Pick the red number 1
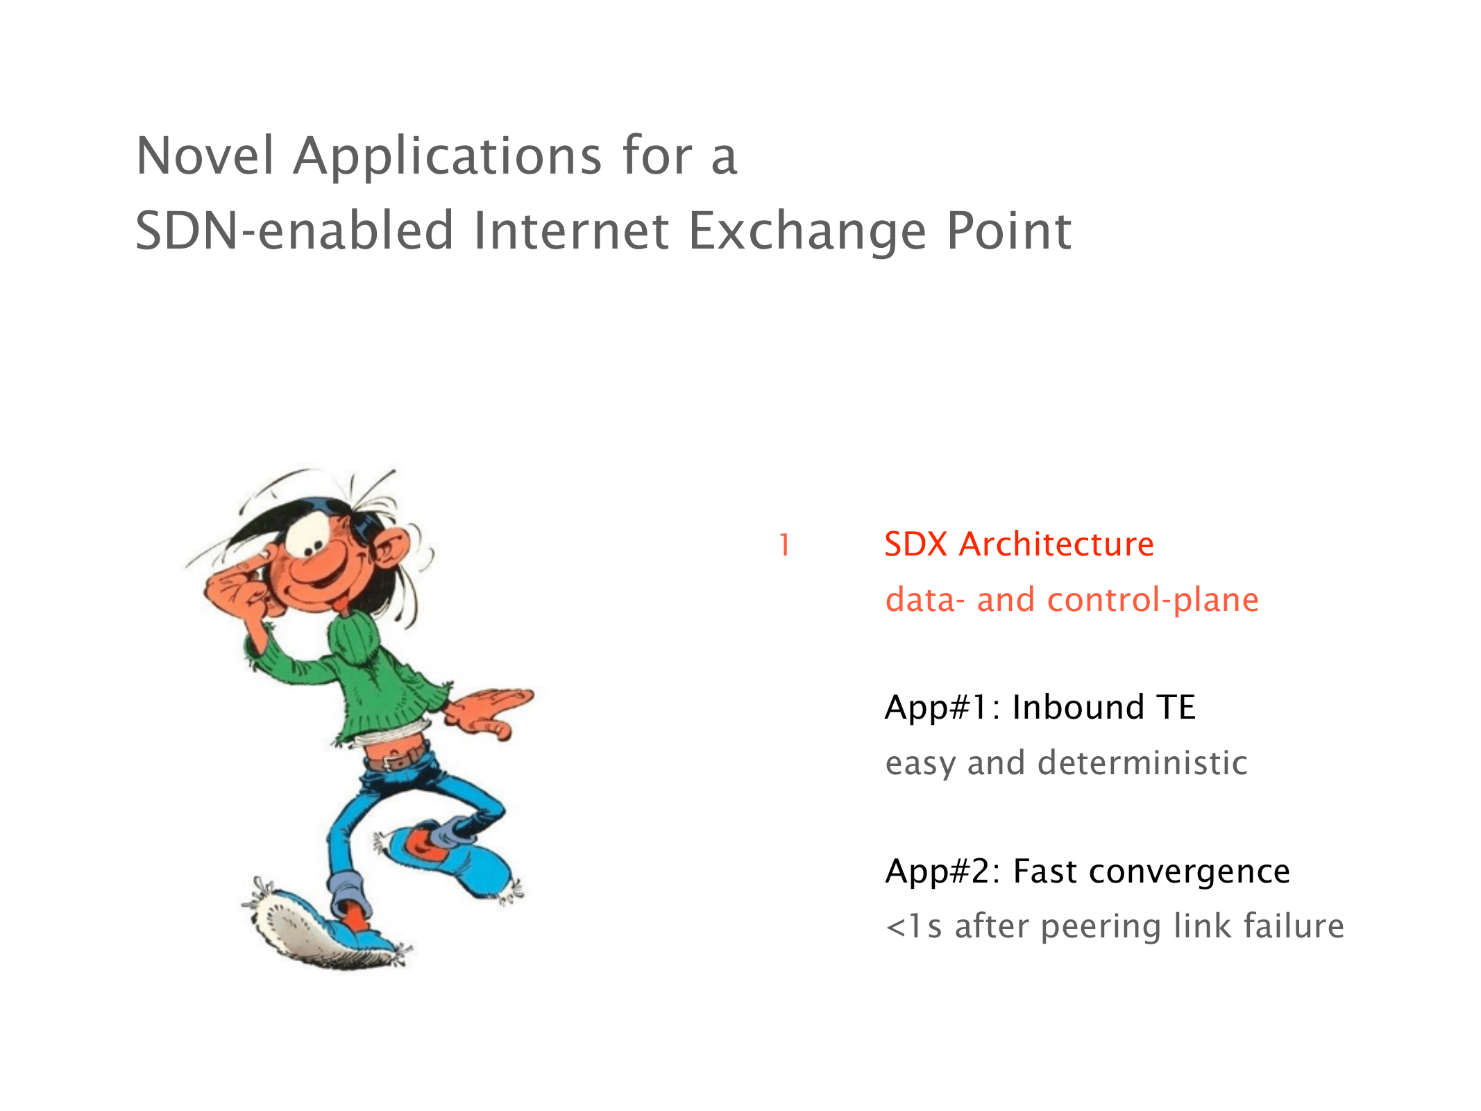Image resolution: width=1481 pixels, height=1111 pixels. (784, 546)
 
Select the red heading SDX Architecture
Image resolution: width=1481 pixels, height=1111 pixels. (1019, 544)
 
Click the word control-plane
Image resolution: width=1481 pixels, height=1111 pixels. (1153, 600)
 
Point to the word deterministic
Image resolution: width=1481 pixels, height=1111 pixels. (1142, 762)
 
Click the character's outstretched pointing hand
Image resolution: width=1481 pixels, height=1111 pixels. (489, 712)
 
